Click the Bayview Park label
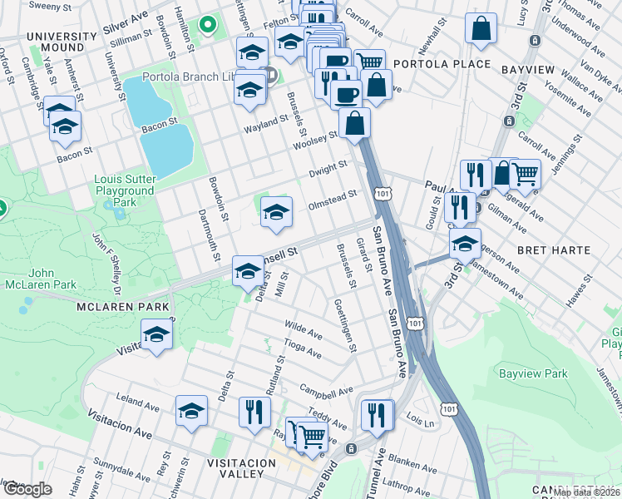pos(533,374)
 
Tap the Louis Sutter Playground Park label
pos(124,190)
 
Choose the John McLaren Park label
pos(42,278)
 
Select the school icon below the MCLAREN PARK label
pos(155,335)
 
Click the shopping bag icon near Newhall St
pos(481,28)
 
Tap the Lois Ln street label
pos(421,422)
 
